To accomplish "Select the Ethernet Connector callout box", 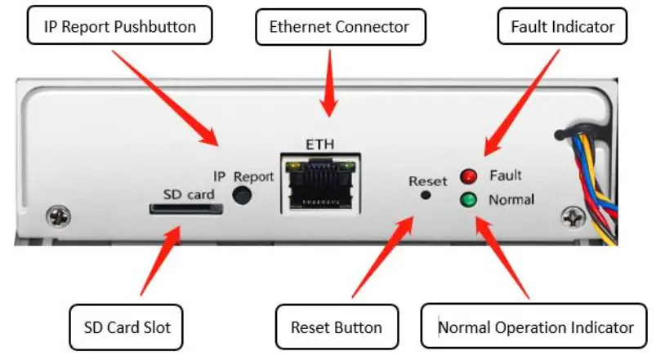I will tap(339, 28).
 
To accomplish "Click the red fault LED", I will tap(468, 176).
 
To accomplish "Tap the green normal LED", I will tap(468, 199).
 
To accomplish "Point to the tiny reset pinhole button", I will tap(425, 195).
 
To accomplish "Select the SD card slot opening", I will tap(185, 208).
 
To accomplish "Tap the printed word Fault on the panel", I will tap(506, 175).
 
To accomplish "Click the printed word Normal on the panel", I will tap(511, 199).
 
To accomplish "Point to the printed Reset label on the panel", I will tap(428, 180).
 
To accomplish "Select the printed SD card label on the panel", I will tap(188, 193).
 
